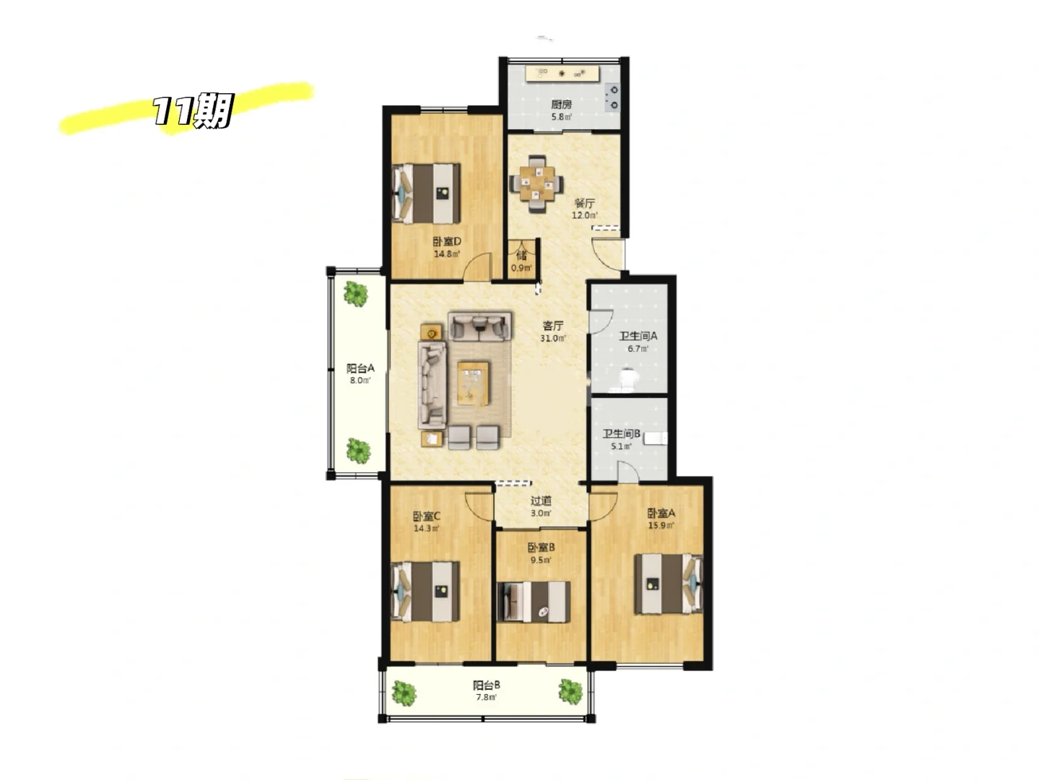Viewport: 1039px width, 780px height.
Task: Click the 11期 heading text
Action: pos(193,110)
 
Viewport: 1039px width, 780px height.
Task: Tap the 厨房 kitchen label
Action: pos(561,105)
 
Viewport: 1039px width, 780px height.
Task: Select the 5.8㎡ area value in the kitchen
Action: pos(562,116)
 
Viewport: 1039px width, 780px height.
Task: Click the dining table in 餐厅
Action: pos(536,183)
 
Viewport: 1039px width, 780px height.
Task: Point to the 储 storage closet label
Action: pos(521,256)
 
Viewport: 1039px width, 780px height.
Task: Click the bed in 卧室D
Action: pos(426,194)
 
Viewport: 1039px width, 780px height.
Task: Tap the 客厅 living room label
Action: pos(552,326)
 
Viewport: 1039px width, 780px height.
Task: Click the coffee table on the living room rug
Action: pos(474,383)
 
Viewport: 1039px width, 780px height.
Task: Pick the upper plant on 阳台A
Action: pos(355,294)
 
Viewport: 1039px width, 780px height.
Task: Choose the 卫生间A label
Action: pos(638,337)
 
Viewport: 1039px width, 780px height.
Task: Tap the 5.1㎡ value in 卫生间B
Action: pos(621,446)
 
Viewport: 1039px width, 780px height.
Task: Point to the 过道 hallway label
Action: pos(541,500)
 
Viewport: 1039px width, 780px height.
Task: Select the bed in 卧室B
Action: pos(534,601)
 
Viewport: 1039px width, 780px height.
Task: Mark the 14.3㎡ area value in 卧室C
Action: pos(427,528)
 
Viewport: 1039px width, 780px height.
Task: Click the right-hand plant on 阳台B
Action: pos(570,691)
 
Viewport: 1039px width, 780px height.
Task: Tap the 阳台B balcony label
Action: pos(487,685)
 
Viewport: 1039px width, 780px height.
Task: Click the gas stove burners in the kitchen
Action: pos(614,97)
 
